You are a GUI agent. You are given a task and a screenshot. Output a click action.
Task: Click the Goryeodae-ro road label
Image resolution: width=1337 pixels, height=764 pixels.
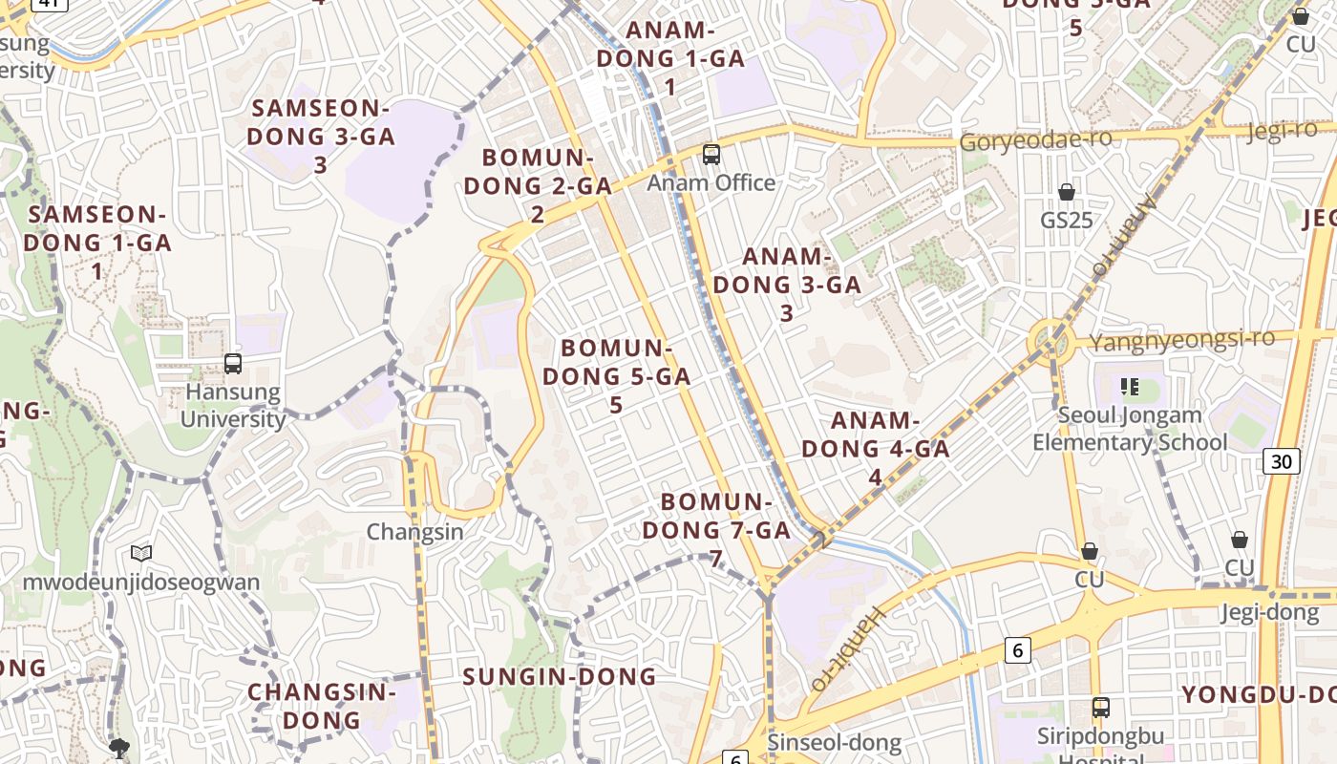click(1036, 141)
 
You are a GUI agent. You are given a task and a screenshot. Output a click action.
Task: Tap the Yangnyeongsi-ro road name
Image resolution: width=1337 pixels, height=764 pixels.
click(1182, 340)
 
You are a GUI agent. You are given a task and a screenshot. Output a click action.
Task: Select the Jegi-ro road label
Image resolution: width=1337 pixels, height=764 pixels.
click(1283, 130)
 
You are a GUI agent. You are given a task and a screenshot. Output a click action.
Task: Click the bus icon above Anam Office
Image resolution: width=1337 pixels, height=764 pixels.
click(711, 155)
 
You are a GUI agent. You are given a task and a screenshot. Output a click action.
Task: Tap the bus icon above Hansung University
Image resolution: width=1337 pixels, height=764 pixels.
click(233, 364)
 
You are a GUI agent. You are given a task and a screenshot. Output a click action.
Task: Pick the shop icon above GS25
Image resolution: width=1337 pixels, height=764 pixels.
click(1067, 193)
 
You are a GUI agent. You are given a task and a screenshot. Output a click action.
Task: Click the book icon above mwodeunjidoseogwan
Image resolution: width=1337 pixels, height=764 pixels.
click(141, 553)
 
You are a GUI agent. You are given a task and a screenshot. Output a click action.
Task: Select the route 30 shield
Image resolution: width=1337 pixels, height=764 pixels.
click(1281, 462)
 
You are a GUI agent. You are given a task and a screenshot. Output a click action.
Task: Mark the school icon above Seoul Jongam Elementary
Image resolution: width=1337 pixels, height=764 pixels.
click(1130, 387)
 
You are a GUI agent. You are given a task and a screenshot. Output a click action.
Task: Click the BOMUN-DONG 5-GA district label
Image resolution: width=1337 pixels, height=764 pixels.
click(616, 375)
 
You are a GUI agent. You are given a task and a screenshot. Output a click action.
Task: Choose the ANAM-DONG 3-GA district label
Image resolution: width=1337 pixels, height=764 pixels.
click(787, 284)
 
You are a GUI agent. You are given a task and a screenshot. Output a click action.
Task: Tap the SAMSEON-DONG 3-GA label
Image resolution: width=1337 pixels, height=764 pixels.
click(320, 136)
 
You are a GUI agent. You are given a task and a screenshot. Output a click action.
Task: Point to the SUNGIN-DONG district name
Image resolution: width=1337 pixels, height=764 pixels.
click(560, 677)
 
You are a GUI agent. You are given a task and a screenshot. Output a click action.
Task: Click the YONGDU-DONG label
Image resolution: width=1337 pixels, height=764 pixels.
click(1259, 695)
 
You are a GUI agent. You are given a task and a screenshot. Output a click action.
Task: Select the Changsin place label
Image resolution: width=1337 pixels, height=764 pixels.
click(415, 532)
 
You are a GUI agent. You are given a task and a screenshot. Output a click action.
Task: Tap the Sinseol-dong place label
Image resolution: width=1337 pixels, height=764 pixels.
click(834, 742)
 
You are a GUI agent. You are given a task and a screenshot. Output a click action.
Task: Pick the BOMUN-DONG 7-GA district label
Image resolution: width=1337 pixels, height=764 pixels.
click(716, 529)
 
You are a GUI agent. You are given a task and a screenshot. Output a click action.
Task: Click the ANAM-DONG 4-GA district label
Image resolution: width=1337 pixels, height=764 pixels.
click(876, 448)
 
